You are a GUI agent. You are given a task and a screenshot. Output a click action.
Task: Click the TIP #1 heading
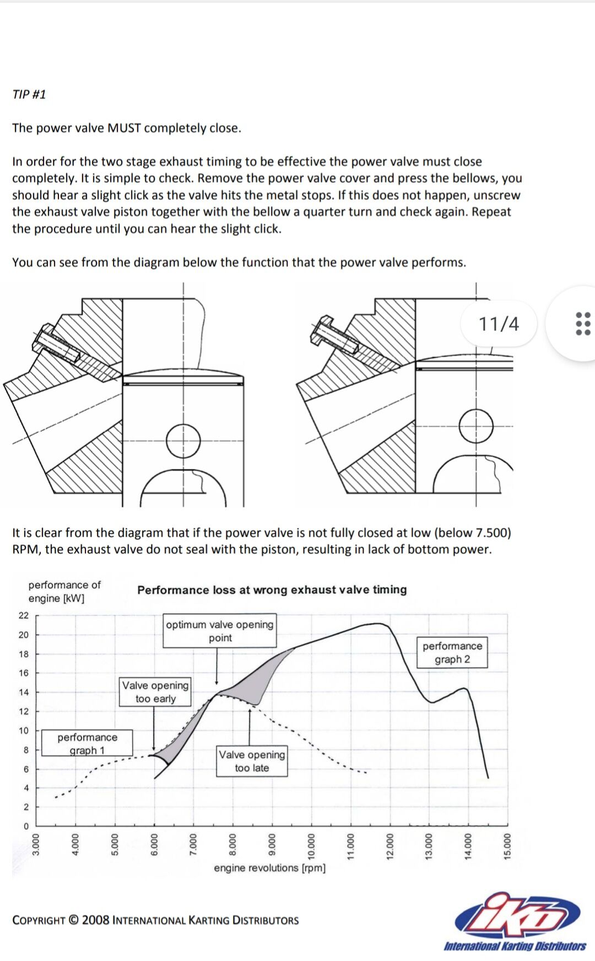29,94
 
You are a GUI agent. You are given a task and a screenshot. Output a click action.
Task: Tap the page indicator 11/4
499,324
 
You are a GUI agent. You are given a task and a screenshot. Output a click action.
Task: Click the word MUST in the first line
125,128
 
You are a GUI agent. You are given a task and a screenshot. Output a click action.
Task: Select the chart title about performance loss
272,589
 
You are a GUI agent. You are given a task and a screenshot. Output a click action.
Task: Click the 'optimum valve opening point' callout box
220,631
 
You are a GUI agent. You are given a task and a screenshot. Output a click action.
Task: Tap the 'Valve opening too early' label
155,692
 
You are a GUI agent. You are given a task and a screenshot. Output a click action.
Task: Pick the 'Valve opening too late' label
252,761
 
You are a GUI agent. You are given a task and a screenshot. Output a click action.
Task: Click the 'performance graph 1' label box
87,743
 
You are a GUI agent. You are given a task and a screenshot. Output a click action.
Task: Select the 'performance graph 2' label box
452,652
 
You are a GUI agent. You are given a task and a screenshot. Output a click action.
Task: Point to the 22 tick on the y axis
24,615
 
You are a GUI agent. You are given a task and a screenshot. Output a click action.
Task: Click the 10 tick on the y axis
24,730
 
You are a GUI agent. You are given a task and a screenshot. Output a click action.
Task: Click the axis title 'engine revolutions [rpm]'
269,868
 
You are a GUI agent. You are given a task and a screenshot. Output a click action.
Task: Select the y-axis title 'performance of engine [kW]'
64,591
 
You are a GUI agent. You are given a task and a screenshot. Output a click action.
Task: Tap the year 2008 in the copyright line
95,920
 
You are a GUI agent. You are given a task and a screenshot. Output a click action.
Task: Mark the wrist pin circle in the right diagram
476,426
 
